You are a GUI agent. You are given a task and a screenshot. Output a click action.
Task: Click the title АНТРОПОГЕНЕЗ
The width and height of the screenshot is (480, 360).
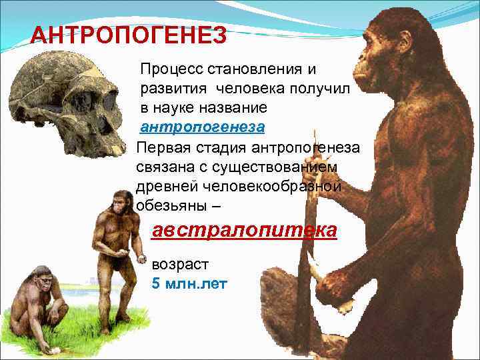tap(129, 35)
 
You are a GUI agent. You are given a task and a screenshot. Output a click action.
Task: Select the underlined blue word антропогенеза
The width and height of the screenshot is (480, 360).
tap(203, 126)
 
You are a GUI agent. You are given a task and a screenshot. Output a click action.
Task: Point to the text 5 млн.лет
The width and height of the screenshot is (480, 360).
tap(190, 284)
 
